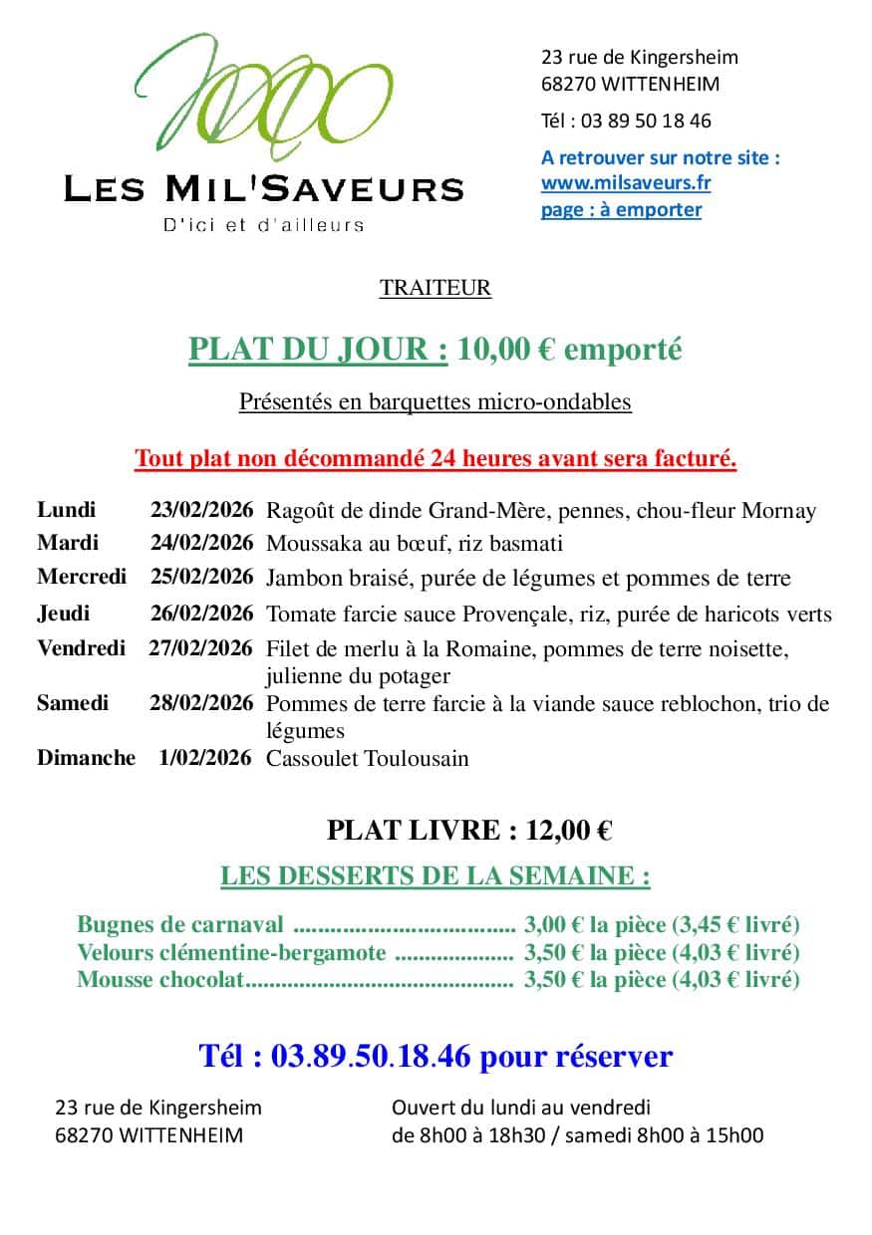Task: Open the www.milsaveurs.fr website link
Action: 625,183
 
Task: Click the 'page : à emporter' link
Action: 621,210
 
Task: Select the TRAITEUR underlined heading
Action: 436,289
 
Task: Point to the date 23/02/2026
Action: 201,511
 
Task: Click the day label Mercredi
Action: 82,577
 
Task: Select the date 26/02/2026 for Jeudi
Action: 201,614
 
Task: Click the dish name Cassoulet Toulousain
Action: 367,759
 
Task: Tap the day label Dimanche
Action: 86,758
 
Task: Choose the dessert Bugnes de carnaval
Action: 180,925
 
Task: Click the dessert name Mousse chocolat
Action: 160,980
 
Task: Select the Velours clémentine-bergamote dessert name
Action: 231,953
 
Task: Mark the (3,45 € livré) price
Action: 735,925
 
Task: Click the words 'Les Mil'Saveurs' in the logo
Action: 263,189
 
